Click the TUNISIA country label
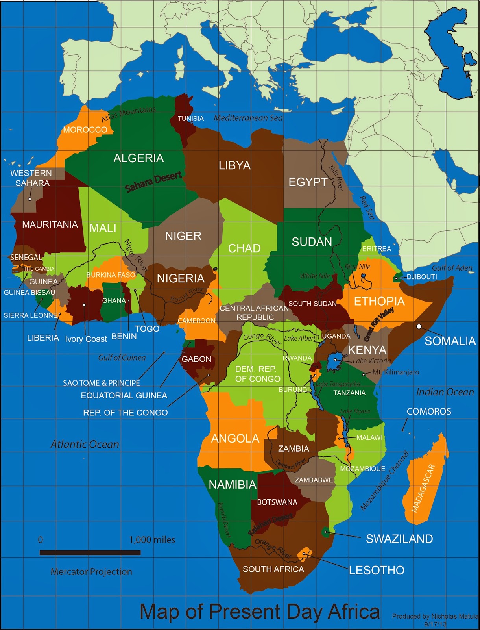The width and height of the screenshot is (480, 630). (x=190, y=119)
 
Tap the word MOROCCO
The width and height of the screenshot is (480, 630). (x=85, y=130)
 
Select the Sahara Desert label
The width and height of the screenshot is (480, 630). (x=153, y=182)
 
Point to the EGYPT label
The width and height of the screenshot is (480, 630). (x=308, y=182)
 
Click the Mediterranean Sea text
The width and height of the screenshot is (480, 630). (x=248, y=118)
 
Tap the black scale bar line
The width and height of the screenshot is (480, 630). (x=90, y=553)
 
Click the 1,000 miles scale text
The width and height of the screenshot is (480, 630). (x=152, y=540)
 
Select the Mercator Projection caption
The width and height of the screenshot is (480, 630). (x=91, y=572)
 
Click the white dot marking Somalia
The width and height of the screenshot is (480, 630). (x=419, y=326)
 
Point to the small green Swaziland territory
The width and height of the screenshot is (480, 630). (x=326, y=532)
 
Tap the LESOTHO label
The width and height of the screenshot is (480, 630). (x=377, y=570)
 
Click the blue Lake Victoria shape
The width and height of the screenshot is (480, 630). (x=336, y=362)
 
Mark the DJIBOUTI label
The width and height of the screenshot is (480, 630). (x=422, y=277)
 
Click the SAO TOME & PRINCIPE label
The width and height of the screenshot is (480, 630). (x=102, y=383)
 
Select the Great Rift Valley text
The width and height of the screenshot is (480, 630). (x=379, y=324)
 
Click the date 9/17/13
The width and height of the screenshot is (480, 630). (x=435, y=624)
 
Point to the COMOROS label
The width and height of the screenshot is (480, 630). (x=429, y=411)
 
